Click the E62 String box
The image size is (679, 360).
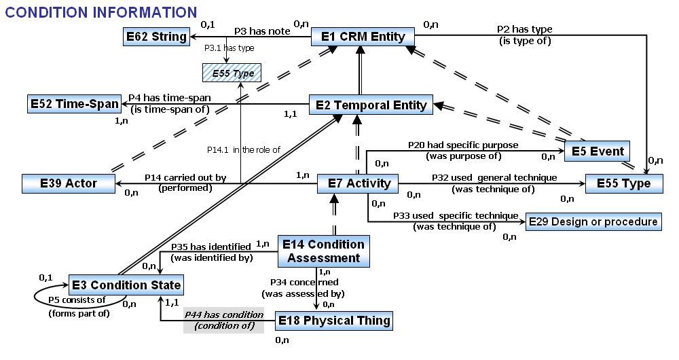pyautogui.click(x=156, y=37)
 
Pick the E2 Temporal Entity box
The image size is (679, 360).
pyautogui.click(x=371, y=105)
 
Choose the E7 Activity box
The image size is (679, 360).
pyautogui.click(x=358, y=183)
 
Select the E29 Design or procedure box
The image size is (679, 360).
pyautogui.click(x=593, y=221)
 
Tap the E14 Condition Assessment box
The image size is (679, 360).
pyautogui.click(x=324, y=251)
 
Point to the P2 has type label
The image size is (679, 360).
pyautogui.click(x=524, y=29)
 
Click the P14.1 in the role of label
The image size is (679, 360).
pyautogui.click(x=243, y=149)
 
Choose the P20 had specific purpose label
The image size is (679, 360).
pyautogui.click(x=463, y=145)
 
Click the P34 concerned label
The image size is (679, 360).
pyautogui.click(x=304, y=281)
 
